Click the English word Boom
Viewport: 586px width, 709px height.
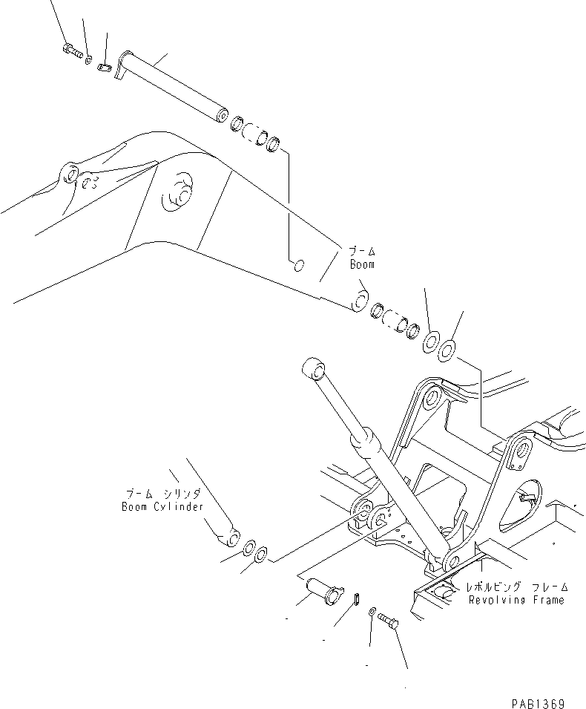tap(363, 264)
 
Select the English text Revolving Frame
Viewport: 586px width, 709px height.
tap(516, 600)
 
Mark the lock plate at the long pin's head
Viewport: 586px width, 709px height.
tap(105, 68)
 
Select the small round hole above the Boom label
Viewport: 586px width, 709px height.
tap(297, 265)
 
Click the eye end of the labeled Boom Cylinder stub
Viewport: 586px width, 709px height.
tap(232, 536)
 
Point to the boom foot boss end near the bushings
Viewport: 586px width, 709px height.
tap(359, 301)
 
